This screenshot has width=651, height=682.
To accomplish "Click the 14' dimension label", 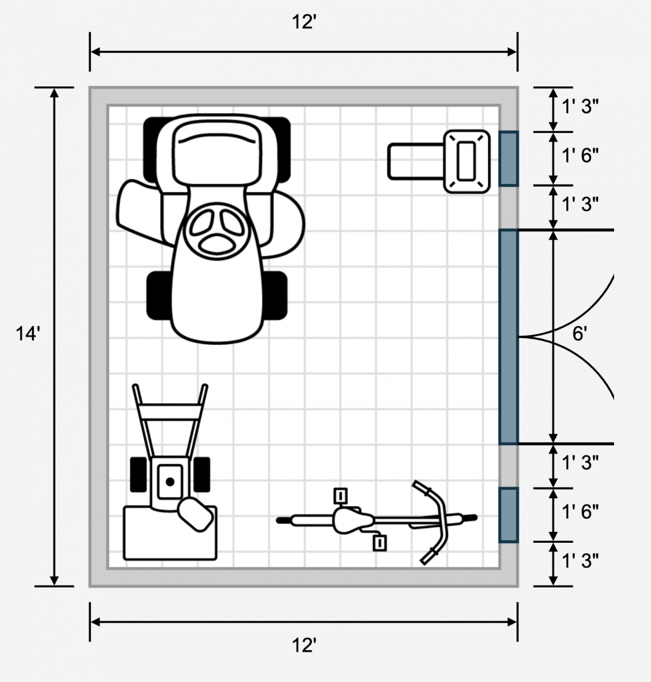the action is tap(28, 334).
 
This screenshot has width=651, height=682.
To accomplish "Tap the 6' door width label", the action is tap(579, 334).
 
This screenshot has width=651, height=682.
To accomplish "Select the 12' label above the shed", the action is tap(304, 22).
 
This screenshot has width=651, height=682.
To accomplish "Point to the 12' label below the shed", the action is tap(304, 646).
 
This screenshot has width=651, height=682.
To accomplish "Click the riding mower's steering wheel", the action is tap(217, 231).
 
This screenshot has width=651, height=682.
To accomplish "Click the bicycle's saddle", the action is tap(352, 520).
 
